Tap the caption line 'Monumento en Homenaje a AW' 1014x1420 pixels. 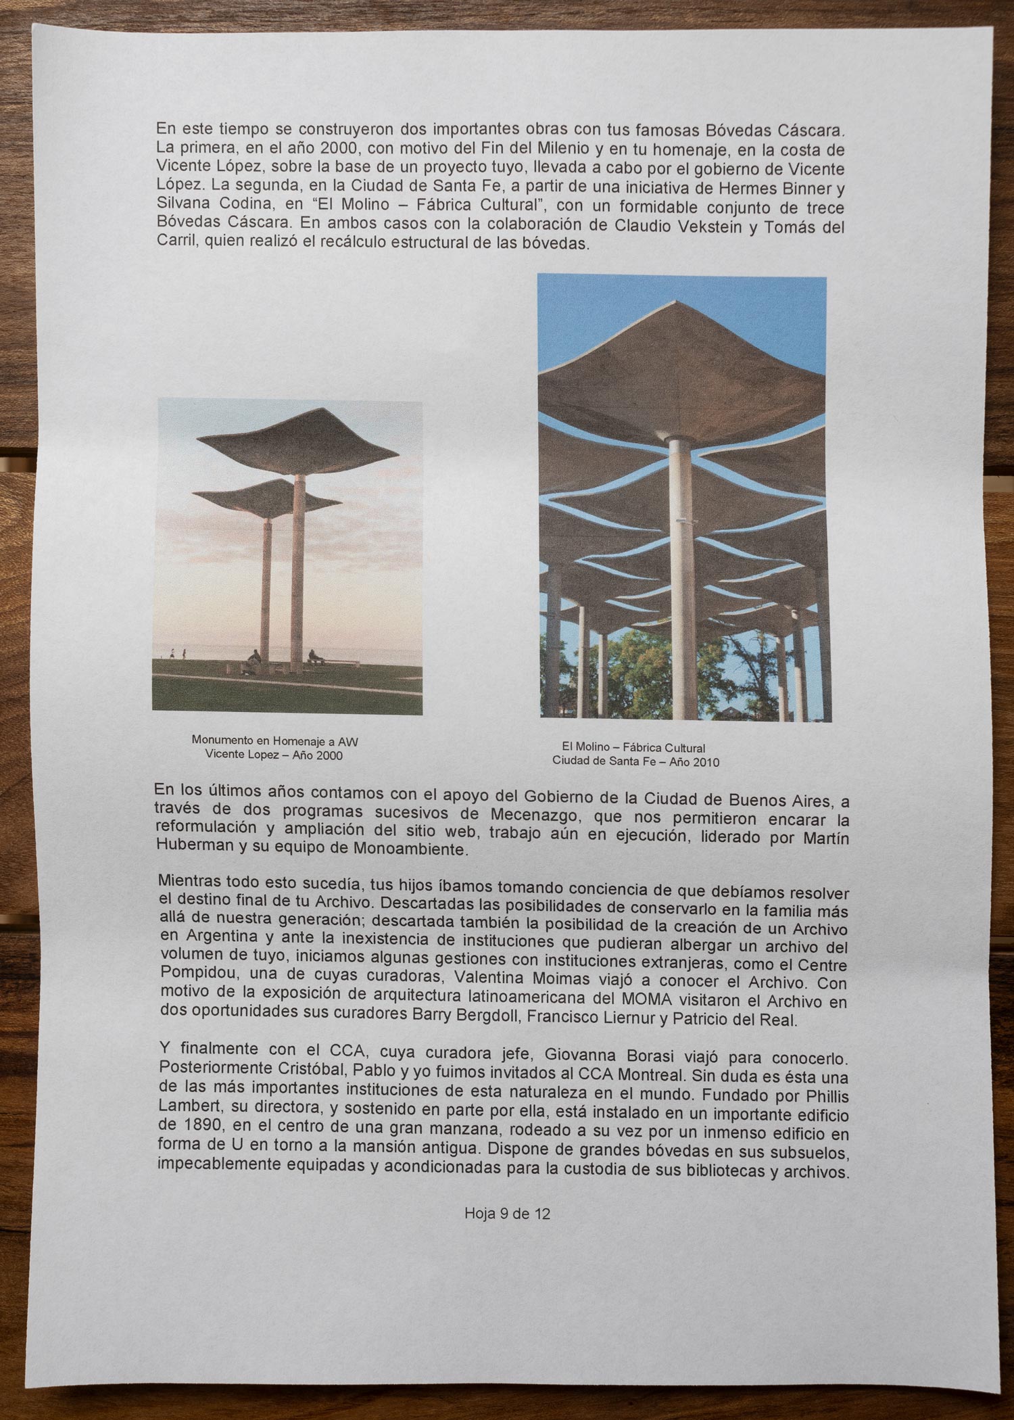pos(274,741)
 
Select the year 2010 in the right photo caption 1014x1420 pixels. pos(705,762)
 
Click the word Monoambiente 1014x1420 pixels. pos(410,849)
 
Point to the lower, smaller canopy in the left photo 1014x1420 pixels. pos(267,497)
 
